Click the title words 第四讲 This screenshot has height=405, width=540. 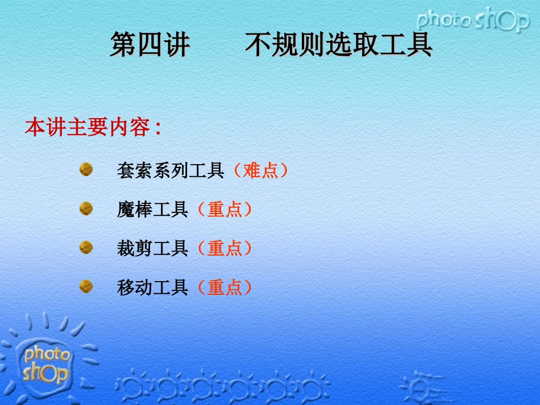click(149, 45)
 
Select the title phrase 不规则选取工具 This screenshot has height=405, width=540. click(339, 45)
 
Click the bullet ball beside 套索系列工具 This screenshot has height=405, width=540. click(86, 169)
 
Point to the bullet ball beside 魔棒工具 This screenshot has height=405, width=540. click(86, 208)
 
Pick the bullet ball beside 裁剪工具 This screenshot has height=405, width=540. click(86, 247)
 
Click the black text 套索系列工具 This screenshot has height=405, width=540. click(171, 170)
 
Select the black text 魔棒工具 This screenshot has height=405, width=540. click(152, 210)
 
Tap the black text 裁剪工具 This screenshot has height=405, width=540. click(152, 248)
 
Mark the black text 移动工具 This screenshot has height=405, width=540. click(152, 287)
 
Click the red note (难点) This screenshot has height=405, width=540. click(261, 170)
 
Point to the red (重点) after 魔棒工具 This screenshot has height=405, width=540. click(225, 210)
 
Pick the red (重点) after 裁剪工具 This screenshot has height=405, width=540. click(225, 248)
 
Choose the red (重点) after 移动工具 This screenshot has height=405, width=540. click(225, 287)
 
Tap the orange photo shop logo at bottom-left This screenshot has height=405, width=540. click(47, 364)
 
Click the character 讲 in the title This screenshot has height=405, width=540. click(176, 45)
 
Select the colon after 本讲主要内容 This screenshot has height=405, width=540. click(157, 128)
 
